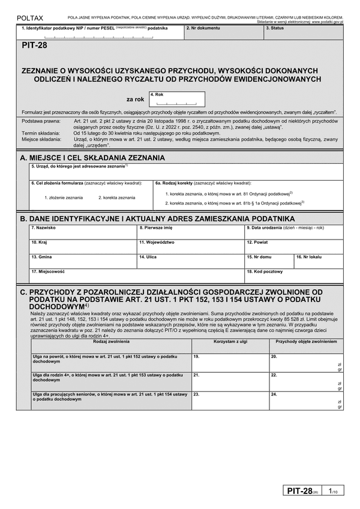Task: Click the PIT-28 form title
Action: (34, 53)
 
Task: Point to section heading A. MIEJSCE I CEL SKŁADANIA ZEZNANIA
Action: (92, 157)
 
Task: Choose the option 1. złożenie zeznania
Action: (62, 197)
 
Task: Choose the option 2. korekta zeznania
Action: (117, 197)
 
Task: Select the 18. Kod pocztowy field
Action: (293, 276)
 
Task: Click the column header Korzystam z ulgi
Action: (230, 341)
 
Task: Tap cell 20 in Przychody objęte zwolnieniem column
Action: (306, 362)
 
